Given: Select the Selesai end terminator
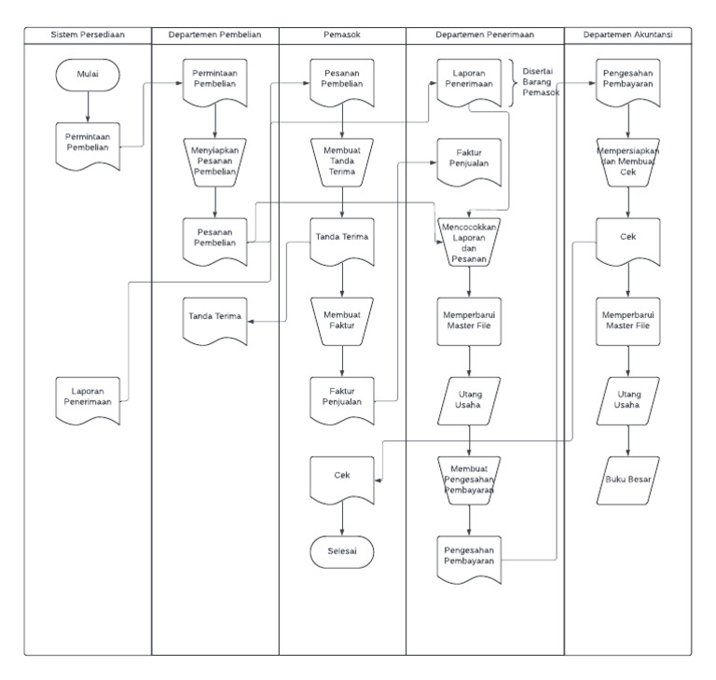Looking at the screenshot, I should [x=342, y=550].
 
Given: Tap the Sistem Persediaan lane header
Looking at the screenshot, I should [x=88, y=35].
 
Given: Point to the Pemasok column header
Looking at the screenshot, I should [x=342, y=35].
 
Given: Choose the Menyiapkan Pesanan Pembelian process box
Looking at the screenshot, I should [x=214, y=160].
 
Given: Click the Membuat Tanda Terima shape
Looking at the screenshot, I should [x=342, y=160].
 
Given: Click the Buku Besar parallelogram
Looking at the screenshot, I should [x=627, y=479].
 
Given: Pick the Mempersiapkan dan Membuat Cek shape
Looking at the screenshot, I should [x=627, y=160].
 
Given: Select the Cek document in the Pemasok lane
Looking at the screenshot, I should [x=342, y=476].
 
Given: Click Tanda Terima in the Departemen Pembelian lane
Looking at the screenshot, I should [x=214, y=317].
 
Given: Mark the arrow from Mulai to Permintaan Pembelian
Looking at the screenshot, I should [x=87, y=108].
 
